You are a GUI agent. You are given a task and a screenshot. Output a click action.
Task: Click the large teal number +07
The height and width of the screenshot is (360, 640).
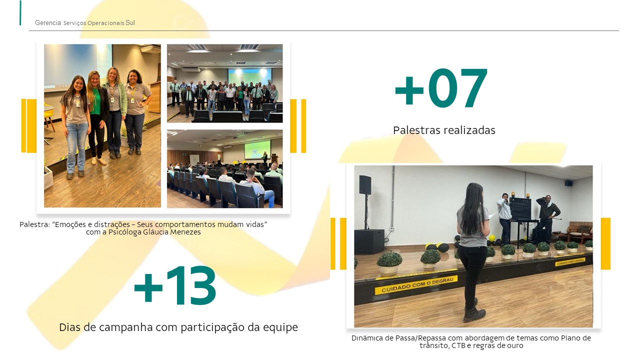(x=441, y=88)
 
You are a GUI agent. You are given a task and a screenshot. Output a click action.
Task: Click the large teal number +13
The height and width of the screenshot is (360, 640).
(x=175, y=285)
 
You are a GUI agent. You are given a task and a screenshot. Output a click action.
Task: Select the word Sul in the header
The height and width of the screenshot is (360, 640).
(x=130, y=22)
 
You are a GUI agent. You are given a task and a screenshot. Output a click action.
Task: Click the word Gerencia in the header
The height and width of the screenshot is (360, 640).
(x=48, y=22)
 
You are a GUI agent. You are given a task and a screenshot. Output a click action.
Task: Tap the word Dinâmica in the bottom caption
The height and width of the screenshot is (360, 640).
(x=367, y=338)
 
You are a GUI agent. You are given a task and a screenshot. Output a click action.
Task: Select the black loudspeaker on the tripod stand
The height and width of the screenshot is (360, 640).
(x=365, y=185)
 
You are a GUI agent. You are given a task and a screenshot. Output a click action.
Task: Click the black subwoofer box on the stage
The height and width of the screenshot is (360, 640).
(x=369, y=241)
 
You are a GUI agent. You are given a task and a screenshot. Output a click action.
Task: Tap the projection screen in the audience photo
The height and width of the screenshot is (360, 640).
(x=257, y=149)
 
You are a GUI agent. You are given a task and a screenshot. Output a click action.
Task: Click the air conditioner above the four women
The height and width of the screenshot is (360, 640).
(x=150, y=49)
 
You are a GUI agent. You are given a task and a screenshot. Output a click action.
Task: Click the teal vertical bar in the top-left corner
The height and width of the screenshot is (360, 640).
(x=20, y=13)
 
